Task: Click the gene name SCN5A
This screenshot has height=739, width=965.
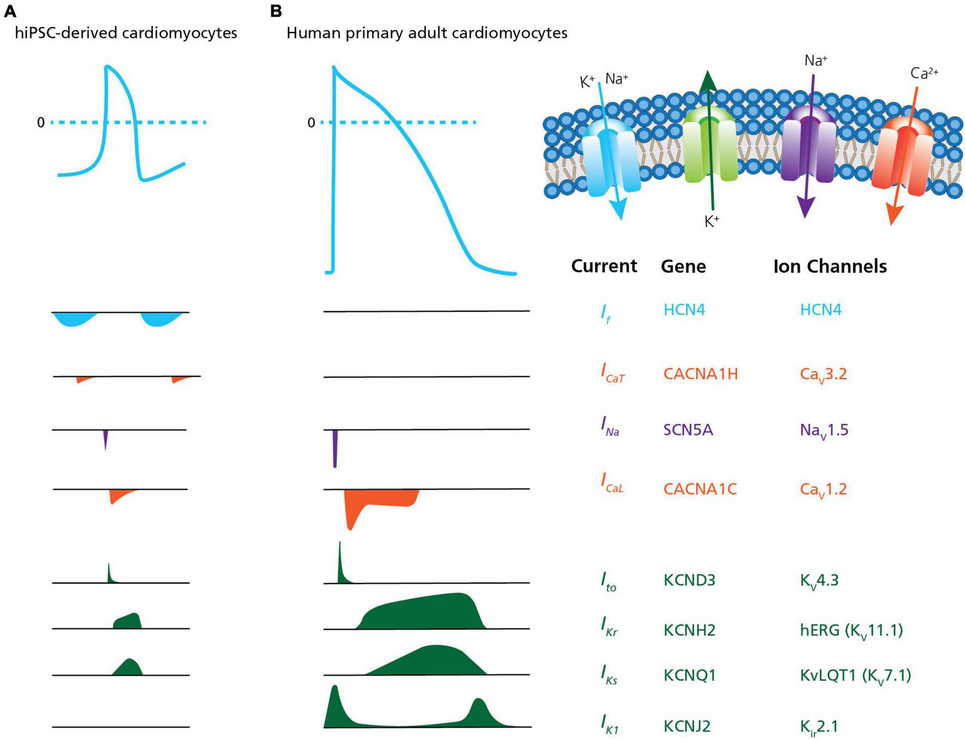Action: click(x=688, y=430)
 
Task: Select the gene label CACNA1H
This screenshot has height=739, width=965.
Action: click(x=700, y=374)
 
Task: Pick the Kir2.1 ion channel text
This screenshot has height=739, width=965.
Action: click(x=819, y=726)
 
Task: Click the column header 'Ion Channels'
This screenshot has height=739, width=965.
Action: click(x=829, y=266)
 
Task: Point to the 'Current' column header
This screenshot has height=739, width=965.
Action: click(x=603, y=266)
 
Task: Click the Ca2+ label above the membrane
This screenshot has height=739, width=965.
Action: click(x=924, y=73)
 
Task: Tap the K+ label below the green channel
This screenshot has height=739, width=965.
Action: click(x=711, y=221)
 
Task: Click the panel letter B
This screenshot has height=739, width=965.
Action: click(x=276, y=11)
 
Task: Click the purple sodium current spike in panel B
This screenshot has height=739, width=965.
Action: click(x=335, y=448)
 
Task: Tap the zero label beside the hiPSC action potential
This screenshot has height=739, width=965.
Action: click(x=41, y=123)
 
